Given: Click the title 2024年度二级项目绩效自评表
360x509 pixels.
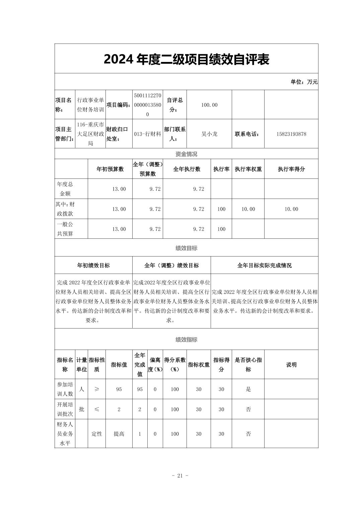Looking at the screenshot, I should click(x=186, y=60).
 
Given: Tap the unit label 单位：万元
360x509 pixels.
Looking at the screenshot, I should click(x=304, y=82).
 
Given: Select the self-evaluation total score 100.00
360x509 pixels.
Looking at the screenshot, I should click(x=209, y=105).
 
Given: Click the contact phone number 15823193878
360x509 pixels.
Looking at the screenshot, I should click(x=291, y=134).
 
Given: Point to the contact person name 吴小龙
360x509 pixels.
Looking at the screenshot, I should click(x=209, y=134).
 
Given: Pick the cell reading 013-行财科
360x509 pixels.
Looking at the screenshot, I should click(x=147, y=134).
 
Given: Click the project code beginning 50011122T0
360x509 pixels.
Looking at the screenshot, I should click(x=147, y=105).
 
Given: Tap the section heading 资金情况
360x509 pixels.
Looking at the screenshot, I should click(x=186, y=154).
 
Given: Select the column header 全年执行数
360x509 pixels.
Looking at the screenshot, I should click(x=187, y=169).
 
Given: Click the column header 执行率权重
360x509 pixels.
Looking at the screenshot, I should click(x=248, y=169).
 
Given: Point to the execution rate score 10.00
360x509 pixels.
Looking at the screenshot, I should click(x=291, y=209).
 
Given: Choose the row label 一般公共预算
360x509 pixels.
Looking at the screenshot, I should click(x=65, y=229).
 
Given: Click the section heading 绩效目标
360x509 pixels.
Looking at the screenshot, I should click(x=186, y=248).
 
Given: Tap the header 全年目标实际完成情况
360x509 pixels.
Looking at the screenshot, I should click(x=264, y=266).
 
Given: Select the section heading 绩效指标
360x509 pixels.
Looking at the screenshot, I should click(x=186, y=340).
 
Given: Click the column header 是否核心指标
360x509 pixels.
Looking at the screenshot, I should click(x=248, y=365).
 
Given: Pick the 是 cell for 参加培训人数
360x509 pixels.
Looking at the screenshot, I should click(x=248, y=389).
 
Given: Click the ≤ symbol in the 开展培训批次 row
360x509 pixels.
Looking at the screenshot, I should click(x=97, y=409).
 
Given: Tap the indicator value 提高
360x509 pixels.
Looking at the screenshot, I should click(x=119, y=434).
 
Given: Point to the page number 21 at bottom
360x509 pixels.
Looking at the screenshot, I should click(x=180, y=476).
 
